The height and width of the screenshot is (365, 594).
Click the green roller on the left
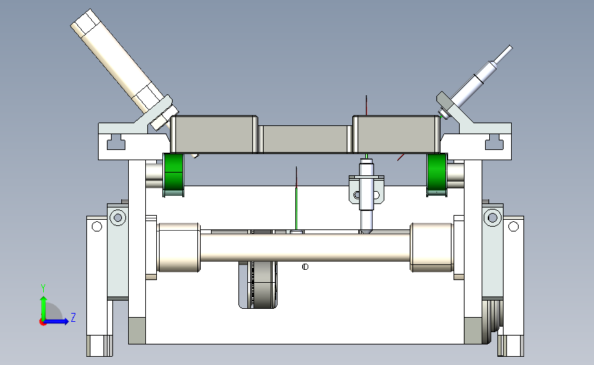pos(173,175)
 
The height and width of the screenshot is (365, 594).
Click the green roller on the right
pos(437,175)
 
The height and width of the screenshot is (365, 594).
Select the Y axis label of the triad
pos(43,288)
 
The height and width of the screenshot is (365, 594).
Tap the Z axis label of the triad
pos(73,317)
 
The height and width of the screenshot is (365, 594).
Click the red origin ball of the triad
pos(42,323)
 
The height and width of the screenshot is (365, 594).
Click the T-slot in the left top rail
pos(116,142)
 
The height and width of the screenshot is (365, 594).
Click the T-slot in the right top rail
pos(495,142)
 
